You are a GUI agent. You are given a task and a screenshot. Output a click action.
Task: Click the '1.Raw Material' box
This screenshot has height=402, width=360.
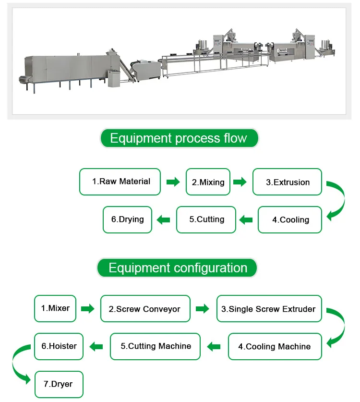[x=120, y=182]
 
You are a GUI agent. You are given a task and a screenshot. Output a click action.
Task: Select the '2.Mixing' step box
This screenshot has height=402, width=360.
[x=208, y=182]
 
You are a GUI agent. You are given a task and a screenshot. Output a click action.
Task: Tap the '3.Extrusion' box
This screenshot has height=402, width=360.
[x=287, y=182]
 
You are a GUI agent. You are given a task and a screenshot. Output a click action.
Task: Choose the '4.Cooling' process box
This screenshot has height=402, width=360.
[x=290, y=219]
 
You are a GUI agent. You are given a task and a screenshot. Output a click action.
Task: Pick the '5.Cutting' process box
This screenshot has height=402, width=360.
[x=206, y=219]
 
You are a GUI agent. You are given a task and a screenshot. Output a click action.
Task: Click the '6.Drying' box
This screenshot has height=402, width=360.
[x=128, y=219]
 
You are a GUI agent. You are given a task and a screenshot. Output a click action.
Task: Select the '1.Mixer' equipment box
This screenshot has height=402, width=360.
[x=55, y=308]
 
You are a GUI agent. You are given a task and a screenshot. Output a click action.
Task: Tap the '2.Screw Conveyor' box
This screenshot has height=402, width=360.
[x=145, y=309]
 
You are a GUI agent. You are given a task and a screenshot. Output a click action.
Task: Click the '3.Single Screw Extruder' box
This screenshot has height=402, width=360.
[x=269, y=309]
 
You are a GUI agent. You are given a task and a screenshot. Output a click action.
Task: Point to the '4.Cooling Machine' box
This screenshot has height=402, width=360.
[x=275, y=346]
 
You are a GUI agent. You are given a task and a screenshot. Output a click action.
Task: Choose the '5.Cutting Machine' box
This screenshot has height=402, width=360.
[x=155, y=346]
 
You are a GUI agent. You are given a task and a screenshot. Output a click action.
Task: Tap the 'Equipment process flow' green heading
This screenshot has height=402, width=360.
[x=179, y=139]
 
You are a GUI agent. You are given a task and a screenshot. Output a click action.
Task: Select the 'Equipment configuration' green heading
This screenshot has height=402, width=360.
[x=178, y=268]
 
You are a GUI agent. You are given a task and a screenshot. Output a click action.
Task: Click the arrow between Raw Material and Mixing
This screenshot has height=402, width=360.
[x=173, y=182]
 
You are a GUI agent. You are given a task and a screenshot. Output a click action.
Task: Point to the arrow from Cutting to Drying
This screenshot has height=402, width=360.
[x=164, y=220]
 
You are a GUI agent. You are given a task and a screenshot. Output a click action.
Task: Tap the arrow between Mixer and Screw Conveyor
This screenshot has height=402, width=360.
[x=87, y=309]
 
